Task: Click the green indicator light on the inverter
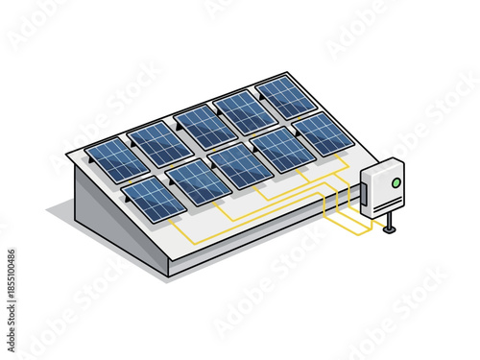tap(394, 181)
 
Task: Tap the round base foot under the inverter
tap(389, 230)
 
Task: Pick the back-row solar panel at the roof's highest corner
tap(286, 96)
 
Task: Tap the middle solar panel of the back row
tap(204, 128)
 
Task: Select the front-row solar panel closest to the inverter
tap(323, 133)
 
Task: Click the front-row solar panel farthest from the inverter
tap(154, 198)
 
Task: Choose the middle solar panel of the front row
tap(239, 165)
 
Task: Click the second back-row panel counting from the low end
tap(158, 144)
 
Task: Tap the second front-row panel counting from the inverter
tap(280, 149)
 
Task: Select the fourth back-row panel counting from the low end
tap(245, 112)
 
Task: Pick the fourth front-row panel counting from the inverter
tap(197, 181)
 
